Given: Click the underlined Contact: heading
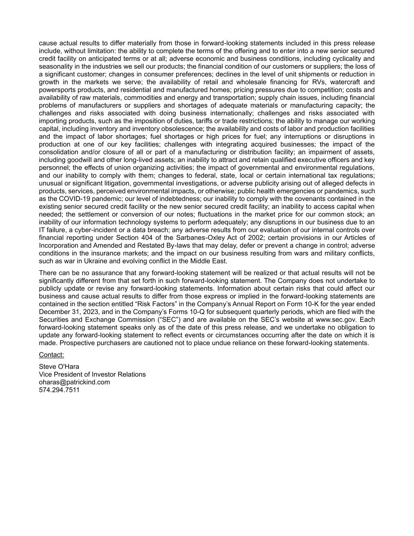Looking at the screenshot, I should [x=51, y=355].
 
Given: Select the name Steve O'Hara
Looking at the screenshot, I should [x=59, y=367].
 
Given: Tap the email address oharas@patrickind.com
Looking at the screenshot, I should [x=74, y=382].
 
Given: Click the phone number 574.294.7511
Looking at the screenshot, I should [x=59, y=390].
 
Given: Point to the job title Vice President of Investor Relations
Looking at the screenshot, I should [x=92, y=374].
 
